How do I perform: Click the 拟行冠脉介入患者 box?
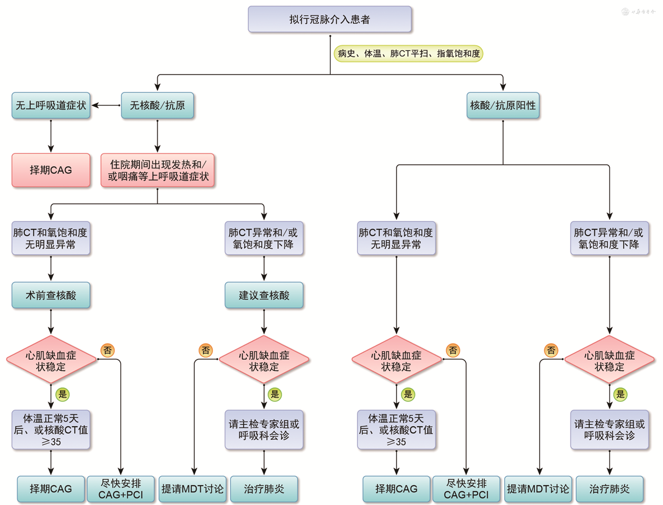[x=330, y=20]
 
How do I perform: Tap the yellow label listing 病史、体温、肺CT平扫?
[x=408, y=54]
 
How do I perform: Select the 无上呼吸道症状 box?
[x=51, y=105]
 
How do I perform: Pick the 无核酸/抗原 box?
[x=157, y=105]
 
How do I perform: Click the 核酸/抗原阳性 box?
[x=503, y=105]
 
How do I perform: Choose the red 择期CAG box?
[x=51, y=170]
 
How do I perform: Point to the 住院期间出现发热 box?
[x=157, y=170]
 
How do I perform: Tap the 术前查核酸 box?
[x=51, y=295]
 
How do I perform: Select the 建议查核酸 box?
[x=264, y=295]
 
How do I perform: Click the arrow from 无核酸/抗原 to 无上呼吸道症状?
[x=106, y=105]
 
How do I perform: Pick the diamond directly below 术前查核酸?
[x=51, y=360]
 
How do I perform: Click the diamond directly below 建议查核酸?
[x=264, y=360]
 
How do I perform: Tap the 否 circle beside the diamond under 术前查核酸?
[x=108, y=350]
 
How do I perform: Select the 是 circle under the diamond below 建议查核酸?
[x=275, y=394]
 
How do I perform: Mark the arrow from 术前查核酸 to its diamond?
[x=51, y=322]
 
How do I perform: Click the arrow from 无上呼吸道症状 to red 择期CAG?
[x=51, y=136]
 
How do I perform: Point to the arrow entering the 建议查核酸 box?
[x=264, y=269]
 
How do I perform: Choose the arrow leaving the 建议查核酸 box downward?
[x=264, y=322]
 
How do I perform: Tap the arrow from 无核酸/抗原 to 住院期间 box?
[x=157, y=136]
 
